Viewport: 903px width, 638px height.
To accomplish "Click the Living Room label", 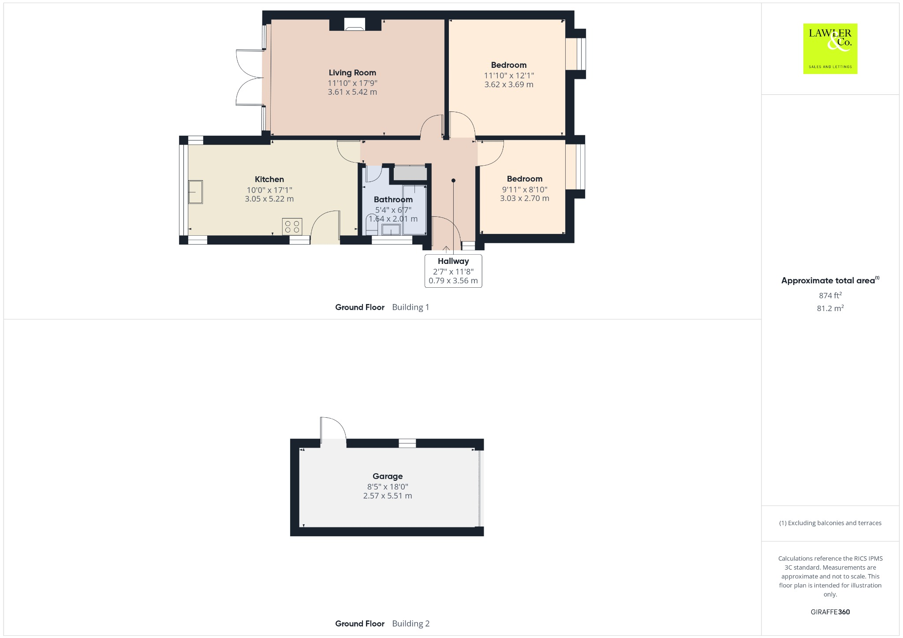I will [352, 73].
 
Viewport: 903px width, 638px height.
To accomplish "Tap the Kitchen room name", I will [269, 179].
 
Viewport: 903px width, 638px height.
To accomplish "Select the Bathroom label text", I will [393, 200].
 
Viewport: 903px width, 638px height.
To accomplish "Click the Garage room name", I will [388, 476].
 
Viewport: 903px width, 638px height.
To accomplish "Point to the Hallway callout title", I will [453, 261].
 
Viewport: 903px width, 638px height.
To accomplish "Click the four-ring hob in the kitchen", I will [292, 227].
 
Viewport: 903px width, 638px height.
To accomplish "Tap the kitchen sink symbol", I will [196, 192].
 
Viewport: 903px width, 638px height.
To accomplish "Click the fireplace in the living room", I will [355, 25].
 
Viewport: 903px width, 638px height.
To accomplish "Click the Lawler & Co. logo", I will [830, 48].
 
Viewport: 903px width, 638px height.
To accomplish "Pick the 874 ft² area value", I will [830, 295].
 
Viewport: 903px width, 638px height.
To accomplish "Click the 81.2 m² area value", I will [830, 308].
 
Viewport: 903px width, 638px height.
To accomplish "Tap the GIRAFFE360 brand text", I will [830, 612].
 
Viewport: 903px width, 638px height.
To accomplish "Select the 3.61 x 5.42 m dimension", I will [352, 92].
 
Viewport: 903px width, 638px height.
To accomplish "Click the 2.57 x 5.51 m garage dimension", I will [388, 496].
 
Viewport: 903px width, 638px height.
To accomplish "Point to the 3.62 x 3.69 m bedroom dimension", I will [509, 85].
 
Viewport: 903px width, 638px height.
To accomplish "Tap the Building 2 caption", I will [410, 623].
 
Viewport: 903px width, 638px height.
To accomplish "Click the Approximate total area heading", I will [828, 281].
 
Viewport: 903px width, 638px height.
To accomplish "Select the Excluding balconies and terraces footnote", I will [830, 523].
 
